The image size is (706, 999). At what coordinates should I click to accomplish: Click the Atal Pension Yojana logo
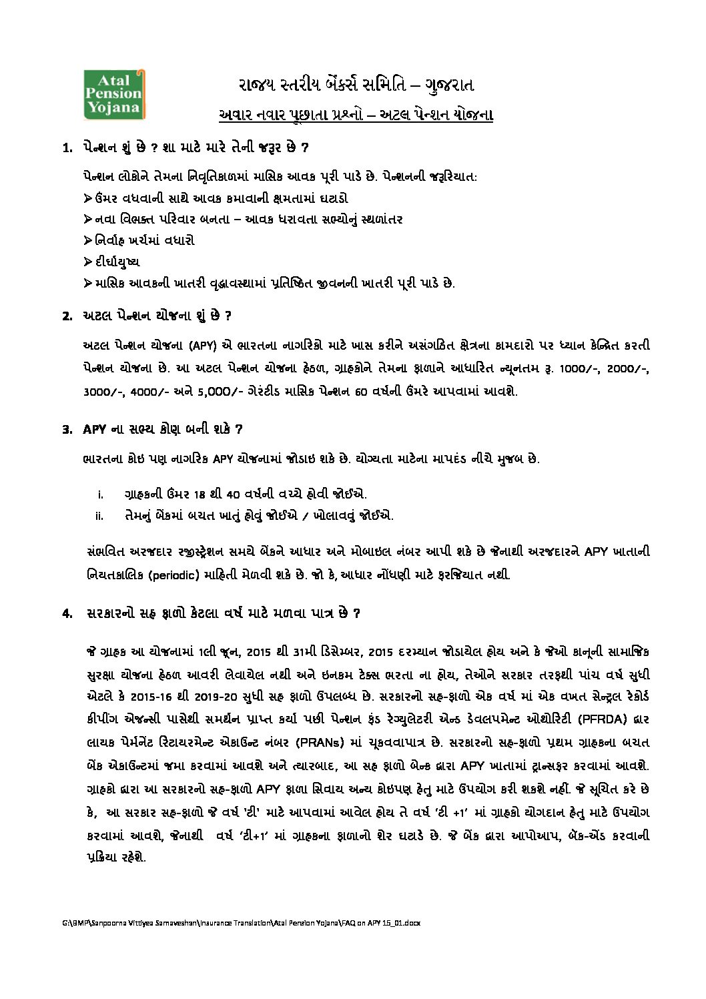(x=111, y=93)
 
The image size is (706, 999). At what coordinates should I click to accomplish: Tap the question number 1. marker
(x=67, y=147)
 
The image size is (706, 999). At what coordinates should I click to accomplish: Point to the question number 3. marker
(x=67, y=429)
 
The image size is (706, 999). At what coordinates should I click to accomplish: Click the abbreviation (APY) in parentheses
(x=202, y=346)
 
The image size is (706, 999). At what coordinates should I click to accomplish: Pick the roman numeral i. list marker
(x=100, y=494)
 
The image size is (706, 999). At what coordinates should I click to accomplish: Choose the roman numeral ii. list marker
(x=100, y=516)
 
